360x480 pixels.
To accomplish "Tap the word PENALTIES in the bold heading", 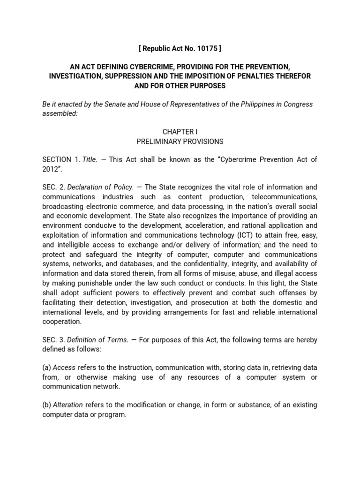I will coord(248,76).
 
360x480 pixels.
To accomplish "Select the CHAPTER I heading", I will coord(180,132).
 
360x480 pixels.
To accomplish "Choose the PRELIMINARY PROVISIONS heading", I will coord(180,141).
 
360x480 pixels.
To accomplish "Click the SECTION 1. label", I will coord(61,160).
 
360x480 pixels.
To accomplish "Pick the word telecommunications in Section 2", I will coord(284,196).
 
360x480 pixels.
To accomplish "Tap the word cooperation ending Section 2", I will coord(62,322).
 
